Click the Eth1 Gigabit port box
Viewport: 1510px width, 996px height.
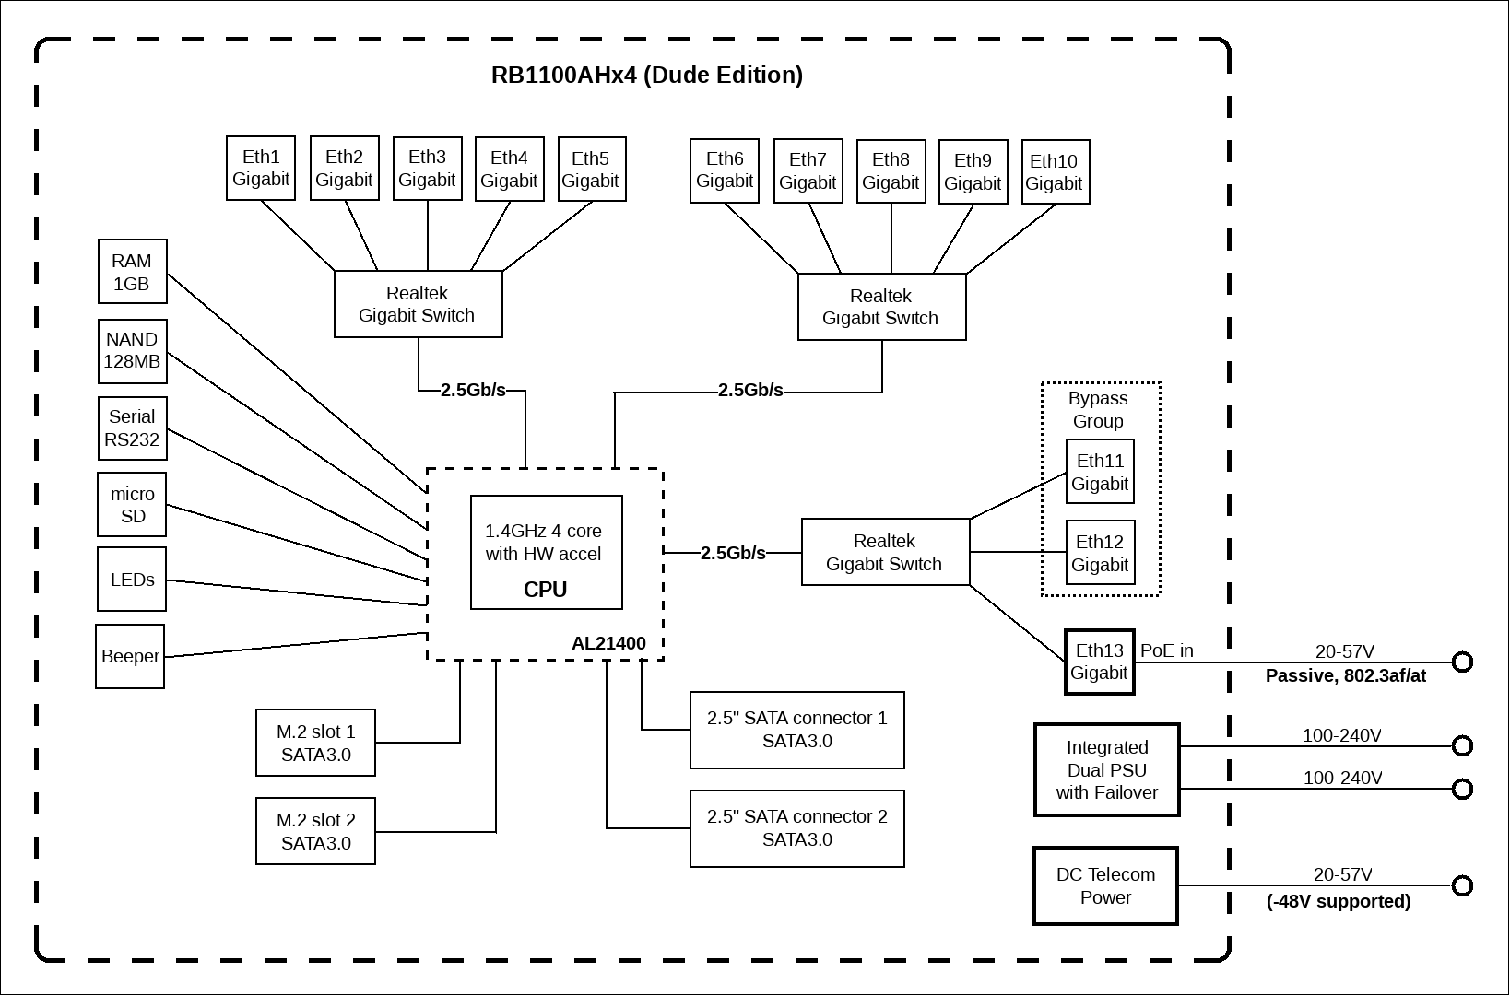click(x=260, y=168)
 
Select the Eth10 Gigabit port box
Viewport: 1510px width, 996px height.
click(x=1055, y=172)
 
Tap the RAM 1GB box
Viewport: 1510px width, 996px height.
click(x=132, y=272)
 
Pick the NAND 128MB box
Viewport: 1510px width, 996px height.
click(x=132, y=351)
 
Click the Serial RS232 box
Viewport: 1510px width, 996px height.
click(x=132, y=428)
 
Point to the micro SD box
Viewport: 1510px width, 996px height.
click(x=132, y=504)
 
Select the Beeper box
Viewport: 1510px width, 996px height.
click(x=129, y=656)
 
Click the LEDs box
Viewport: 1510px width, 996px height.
click(x=132, y=579)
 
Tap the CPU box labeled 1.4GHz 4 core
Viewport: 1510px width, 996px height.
click(x=546, y=553)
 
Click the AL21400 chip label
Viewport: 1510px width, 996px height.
click(x=608, y=643)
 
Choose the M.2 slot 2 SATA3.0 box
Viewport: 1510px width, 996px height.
click(x=315, y=831)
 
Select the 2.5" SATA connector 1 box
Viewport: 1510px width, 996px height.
click(x=796, y=730)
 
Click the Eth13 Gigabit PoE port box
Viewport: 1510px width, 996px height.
click(x=1100, y=662)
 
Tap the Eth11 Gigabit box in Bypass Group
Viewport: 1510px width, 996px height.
click(x=1100, y=471)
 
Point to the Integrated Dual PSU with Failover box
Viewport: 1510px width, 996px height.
click(x=1106, y=769)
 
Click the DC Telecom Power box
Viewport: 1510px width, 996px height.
click(x=1105, y=885)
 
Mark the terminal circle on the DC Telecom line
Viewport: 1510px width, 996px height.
click(x=1462, y=885)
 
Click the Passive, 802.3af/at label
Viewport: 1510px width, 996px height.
click(x=1346, y=676)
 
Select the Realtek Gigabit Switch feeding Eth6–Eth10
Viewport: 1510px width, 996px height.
click(x=881, y=307)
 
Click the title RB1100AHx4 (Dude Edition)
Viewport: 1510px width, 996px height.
click(x=647, y=75)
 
